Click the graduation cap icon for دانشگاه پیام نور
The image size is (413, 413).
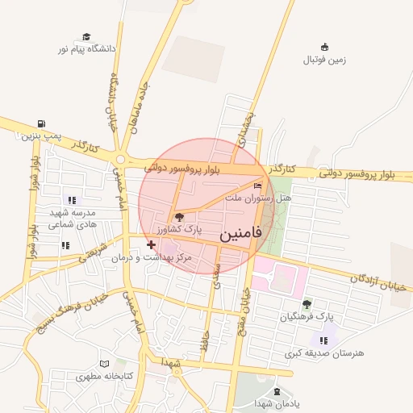pos(86,37)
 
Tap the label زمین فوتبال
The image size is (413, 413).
pos(324,60)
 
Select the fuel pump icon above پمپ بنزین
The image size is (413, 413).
pos(40,123)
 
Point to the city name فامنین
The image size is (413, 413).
pos(240,235)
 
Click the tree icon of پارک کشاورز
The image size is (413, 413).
pos(178,217)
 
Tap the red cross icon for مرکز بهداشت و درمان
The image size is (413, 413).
pos(151,244)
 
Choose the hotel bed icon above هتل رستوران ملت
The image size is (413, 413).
pos(257,186)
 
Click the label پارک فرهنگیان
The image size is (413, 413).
pos(307,317)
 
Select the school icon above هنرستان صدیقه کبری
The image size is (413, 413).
pos(323,340)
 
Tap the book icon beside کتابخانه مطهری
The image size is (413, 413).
pos(104,365)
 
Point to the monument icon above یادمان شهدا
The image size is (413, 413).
pos(277,391)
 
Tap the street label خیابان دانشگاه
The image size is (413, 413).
pos(113,102)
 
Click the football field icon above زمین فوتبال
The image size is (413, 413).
pos(324,46)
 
